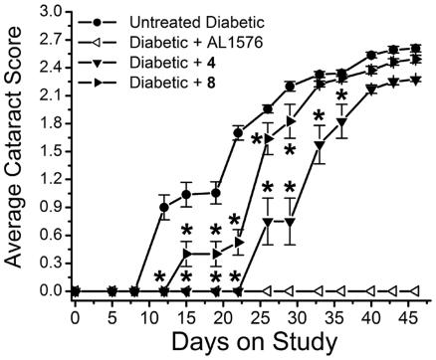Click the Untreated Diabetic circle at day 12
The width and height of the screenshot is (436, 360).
pyautogui.click(x=163, y=208)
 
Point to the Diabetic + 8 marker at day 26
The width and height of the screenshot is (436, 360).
pyautogui.click(x=268, y=137)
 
